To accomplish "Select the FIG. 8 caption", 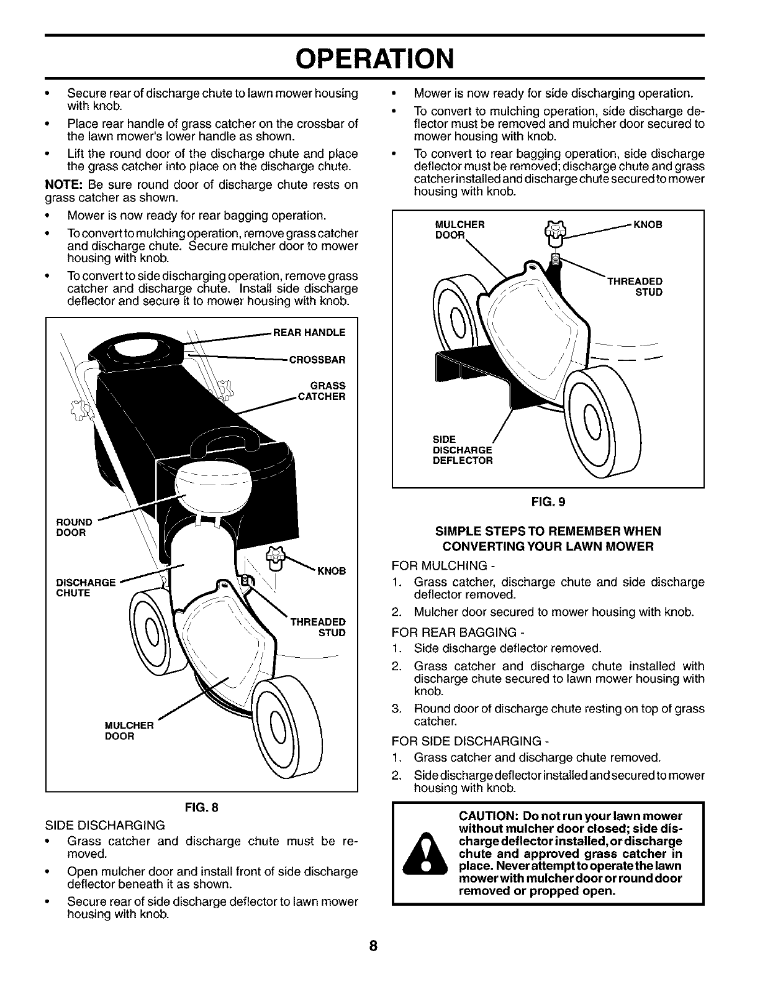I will [x=201, y=808].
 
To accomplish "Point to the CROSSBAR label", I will [x=317, y=360].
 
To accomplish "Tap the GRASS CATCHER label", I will [x=323, y=391].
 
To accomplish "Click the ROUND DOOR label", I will [x=74, y=527].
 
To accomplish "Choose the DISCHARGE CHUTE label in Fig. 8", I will [x=86, y=588].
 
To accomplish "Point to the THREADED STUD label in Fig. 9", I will [x=635, y=286].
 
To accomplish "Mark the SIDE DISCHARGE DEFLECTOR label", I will [x=462, y=450].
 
